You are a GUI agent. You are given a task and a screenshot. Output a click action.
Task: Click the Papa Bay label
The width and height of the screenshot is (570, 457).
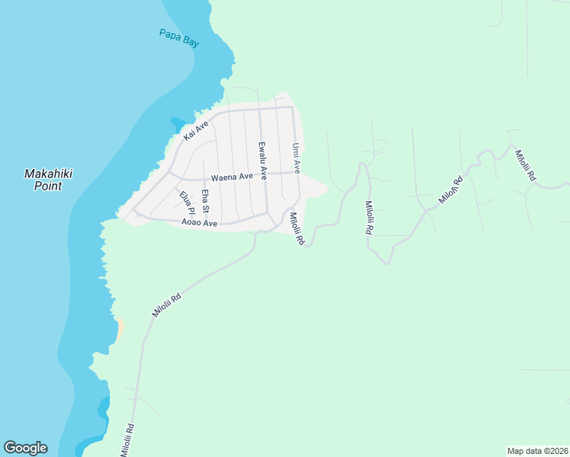pyautogui.click(x=179, y=38)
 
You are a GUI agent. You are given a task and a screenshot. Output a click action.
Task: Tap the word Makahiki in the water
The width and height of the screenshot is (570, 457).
pyautogui.click(x=48, y=174)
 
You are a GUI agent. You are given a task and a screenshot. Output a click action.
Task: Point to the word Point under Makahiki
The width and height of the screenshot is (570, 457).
pyautogui.click(x=48, y=185)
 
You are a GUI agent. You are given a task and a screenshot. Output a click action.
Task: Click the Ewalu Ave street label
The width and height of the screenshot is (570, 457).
pyautogui.click(x=261, y=160)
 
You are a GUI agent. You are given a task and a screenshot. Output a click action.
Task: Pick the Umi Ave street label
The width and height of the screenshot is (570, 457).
pyautogui.click(x=296, y=157)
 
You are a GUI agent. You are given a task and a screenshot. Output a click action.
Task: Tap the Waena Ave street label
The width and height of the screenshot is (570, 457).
pyautogui.click(x=232, y=177)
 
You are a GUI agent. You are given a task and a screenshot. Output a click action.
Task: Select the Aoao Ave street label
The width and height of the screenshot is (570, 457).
pyautogui.click(x=200, y=223)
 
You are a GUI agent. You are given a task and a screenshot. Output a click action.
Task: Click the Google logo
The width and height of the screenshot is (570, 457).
pyautogui.click(x=25, y=448)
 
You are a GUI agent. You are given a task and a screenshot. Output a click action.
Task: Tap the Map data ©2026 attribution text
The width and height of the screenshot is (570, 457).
pyautogui.click(x=537, y=450)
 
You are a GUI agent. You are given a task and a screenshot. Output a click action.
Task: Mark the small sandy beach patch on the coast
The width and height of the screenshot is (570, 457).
pyautogui.click(x=118, y=328)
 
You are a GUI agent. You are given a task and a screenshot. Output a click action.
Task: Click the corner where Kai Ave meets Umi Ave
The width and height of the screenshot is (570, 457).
pyautogui.click(x=293, y=107)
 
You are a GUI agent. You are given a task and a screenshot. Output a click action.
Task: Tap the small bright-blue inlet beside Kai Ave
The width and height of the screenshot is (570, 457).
pyautogui.click(x=178, y=122)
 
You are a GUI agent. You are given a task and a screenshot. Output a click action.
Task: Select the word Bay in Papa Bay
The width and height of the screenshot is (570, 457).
pyautogui.click(x=191, y=43)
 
